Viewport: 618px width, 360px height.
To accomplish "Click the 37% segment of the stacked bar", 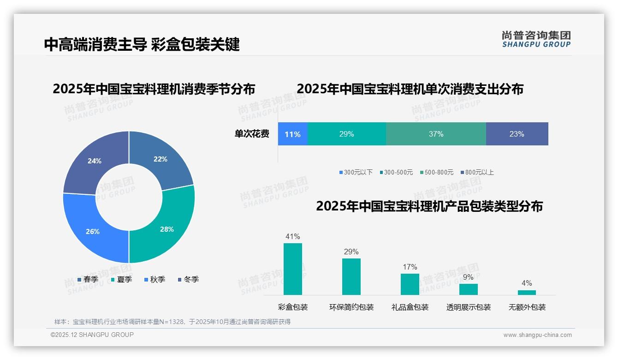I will (436, 134).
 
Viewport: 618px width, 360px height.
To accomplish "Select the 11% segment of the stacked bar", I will (292, 134).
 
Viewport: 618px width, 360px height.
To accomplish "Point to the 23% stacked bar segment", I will (517, 134).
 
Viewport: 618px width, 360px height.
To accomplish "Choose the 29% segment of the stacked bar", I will (346, 134).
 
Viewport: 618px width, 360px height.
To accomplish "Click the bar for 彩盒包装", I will (293, 269).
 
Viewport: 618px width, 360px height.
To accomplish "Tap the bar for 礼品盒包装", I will (410, 284).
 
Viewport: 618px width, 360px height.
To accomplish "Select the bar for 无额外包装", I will (527, 293).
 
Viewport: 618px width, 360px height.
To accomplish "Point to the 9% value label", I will (468, 277).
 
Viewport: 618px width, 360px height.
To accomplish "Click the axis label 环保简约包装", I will (351, 307).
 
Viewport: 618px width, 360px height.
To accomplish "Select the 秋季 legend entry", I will (154, 280).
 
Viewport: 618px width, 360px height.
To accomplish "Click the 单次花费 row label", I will (252, 134).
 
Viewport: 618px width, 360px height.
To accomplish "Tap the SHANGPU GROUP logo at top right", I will (536, 39).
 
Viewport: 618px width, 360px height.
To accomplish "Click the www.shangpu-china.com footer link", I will (537, 335).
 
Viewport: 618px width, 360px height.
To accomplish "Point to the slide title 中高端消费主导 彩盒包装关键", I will (142, 45).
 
